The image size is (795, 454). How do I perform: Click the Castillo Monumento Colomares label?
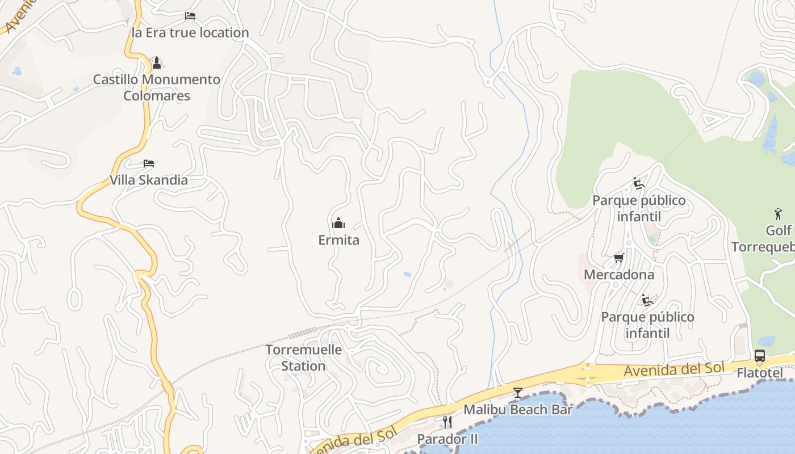coord(157,87)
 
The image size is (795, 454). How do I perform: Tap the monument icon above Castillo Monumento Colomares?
coord(157,62)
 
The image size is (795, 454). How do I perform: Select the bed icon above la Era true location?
coord(190,16)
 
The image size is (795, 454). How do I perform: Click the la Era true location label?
coord(190,33)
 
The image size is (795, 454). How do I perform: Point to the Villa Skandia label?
coord(149,180)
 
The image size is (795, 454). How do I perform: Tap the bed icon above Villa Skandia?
coord(149,163)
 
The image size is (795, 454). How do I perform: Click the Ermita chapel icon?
coord(338,223)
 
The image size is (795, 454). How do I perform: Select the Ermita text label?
coord(338,240)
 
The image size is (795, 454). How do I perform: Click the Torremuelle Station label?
coord(303,358)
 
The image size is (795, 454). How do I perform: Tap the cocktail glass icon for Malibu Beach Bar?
coord(518,392)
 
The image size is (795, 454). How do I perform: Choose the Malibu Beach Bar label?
coord(518,409)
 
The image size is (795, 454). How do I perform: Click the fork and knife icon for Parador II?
coord(447,422)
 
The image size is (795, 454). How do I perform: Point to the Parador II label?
coord(447,439)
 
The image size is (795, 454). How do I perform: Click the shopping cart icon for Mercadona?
coord(619,258)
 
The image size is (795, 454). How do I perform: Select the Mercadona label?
coord(619,275)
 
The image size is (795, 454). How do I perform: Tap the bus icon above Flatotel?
coord(760,356)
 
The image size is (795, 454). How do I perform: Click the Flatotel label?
coord(760,373)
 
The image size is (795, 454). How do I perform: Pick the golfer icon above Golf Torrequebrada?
coord(778,214)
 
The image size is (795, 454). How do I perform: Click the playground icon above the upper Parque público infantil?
coord(639,184)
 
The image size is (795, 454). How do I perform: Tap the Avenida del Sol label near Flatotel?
coord(674,369)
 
